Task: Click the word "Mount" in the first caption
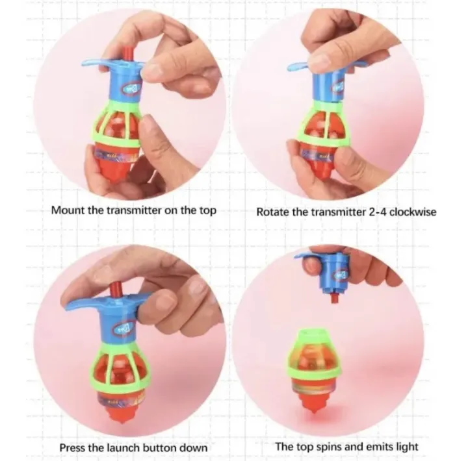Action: pyautogui.click(x=67, y=210)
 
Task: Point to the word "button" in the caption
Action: pyautogui.click(x=160, y=447)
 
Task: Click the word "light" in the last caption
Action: pyautogui.click(x=403, y=446)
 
